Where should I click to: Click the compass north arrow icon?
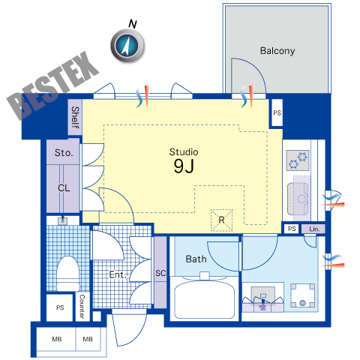pos(127,46)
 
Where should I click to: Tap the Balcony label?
pos(277,51)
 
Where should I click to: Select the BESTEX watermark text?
pos(52,85)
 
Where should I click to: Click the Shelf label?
pos(75,118)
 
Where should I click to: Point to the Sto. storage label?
pos(64,152)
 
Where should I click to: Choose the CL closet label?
pos(64,187)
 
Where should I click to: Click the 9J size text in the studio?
pos(184,166)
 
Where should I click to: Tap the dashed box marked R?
pos(221,220)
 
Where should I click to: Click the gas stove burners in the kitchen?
pos(298,160)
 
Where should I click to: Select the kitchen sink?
pos(298,199)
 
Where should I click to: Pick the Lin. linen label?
pos(314,229)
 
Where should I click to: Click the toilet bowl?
pos(67,273)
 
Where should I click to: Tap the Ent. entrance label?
pos(118,274)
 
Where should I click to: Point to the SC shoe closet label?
pos(160,273)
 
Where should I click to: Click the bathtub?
pos(205,298)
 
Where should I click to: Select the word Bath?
pos(196,259)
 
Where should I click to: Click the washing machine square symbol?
pos(303,295)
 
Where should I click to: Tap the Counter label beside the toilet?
pos(82,306)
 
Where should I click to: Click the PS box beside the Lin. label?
pos(292,229)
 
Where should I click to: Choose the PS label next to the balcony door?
pos(277,113)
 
